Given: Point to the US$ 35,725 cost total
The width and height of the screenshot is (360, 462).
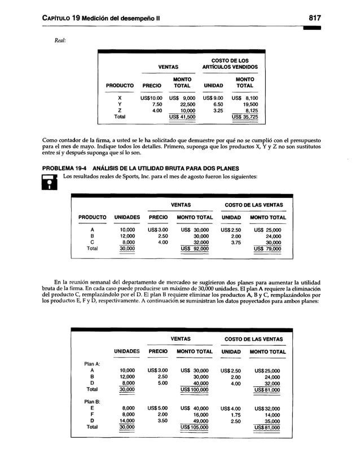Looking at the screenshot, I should (x=244, y=117).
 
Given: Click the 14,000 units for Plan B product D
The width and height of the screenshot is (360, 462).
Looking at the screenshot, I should (x=127, y=420).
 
